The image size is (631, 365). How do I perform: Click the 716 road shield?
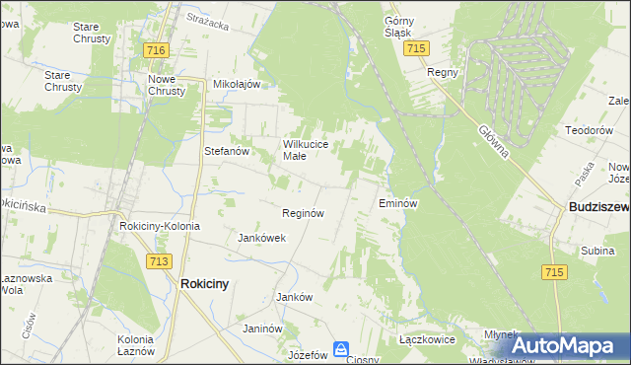pos(154,49)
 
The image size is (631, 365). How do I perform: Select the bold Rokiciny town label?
pos(205,283)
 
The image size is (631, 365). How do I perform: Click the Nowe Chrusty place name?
pos(167,85)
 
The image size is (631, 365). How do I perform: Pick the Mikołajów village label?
pos(237,84)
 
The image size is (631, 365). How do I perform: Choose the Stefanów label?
pos(226,151)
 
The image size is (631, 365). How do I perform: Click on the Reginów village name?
pos(304,213)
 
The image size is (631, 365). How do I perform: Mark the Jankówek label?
pos(262,238)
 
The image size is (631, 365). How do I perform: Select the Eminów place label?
pos(399,203)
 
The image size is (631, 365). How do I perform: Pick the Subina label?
pos(597,251)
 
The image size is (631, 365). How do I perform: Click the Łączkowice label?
pos(426,338)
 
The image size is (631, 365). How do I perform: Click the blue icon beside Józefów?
pos(340,349)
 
